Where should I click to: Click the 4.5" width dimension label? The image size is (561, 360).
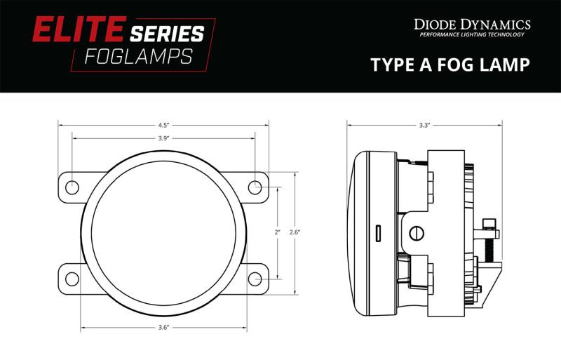pyautogui.click(x=163, y=125)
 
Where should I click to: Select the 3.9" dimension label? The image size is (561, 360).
pyautogui.click(x=163, y=138)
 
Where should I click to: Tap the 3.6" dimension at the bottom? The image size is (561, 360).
pyautogui.click(x=163, y=326)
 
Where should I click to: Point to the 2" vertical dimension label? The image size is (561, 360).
pyautogui.click(x=278, y=232)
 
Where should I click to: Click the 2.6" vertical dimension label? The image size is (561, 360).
pyautogui.click(x=295, y=232)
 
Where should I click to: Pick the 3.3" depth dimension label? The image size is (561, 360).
pyautogui.click(x=424, y=125)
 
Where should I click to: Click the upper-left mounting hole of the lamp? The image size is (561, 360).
pyautogui.click(x=72, y=187)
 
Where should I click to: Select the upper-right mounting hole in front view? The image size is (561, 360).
pyautogui.click(x=255, y=187)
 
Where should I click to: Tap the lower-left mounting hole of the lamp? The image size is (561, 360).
pyautogui.click(x=72, y=278)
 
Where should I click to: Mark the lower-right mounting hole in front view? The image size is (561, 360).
pyautogui.click(x=255, y=278)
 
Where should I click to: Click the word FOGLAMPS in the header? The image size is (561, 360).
pyautogui.click(x=137, y=57)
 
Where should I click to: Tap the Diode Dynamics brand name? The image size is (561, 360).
pyautogui.click(x=471, y=25)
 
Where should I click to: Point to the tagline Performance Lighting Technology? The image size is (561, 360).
pyautogui.click(x=471, y=34)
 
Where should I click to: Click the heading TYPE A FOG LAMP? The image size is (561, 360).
pyautogui.click(x=450, y=65)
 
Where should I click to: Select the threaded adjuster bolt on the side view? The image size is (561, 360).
pyautogui.click(x=489, y=239)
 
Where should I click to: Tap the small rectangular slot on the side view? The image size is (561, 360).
pyautogui.click(x=378, y=232)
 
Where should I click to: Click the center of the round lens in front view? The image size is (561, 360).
pyautogui.click(x=163, y=233)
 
